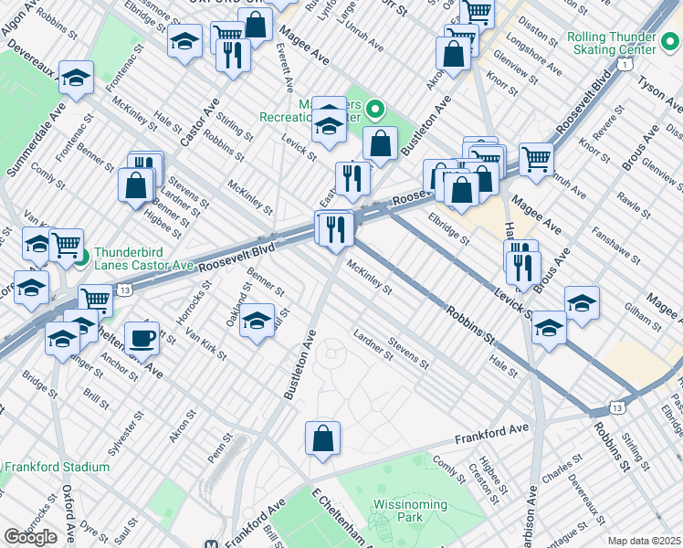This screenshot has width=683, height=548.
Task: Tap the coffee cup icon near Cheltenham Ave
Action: pos(141,338)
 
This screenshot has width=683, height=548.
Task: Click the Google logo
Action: pos(30,537)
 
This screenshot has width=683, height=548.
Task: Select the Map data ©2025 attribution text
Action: pos(644,541)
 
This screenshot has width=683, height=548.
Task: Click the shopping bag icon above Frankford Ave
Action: pos(323,438)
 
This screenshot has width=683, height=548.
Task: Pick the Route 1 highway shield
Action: pos(624,65)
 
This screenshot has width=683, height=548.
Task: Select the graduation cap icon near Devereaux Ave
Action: pos(77,79)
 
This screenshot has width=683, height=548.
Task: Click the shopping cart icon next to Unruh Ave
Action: pos(536,159)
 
